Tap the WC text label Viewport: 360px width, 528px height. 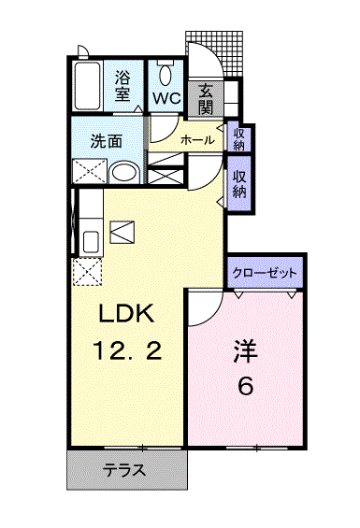point(166,98)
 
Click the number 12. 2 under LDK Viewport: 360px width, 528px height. point(127,351)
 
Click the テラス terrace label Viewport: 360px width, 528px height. point(124,470)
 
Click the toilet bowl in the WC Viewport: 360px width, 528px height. point(166,75)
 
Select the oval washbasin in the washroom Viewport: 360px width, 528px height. point(123,171)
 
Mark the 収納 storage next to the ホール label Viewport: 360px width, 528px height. point(238,137)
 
